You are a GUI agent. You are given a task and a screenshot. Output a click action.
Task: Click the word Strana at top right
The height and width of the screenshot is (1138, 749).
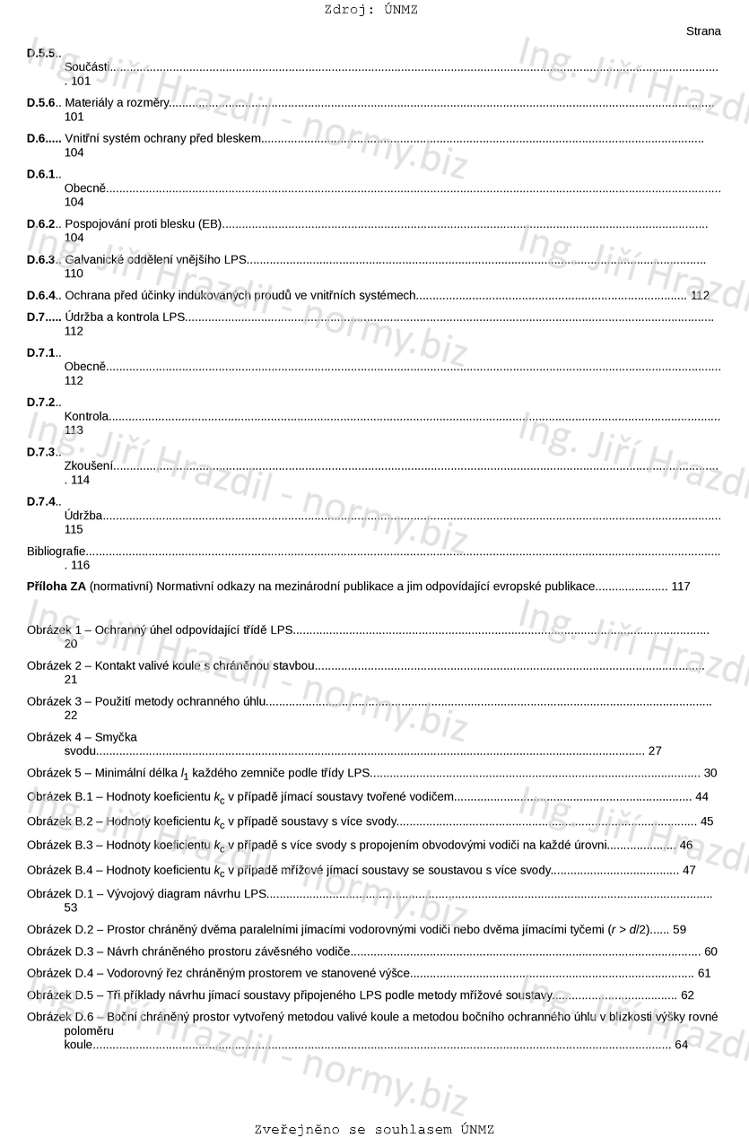coord(703,31)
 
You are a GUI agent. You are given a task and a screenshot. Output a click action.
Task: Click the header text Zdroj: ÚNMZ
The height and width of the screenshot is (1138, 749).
coord(371,10)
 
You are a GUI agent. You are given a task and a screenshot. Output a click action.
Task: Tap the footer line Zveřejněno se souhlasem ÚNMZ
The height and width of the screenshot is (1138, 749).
coord(374,1129)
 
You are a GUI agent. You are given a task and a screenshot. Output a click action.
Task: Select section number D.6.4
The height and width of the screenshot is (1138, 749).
coord(41,295)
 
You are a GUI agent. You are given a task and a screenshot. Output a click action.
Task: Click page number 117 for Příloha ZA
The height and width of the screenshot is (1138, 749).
coord(681,586)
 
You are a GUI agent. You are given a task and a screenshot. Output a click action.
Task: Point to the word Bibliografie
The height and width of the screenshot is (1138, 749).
coord(57,551)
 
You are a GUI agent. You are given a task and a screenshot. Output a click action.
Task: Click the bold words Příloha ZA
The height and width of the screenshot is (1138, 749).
coord(57,586)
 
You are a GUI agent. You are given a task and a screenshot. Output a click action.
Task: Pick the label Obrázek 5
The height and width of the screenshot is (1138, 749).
coord(54,773)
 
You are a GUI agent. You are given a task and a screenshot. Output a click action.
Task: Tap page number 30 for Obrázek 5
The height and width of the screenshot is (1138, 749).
coord(710,773)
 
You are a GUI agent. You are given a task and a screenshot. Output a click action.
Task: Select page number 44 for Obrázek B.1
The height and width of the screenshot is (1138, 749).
coord(701,796)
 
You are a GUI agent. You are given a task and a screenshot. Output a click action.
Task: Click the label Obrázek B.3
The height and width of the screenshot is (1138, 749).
coord(60,845)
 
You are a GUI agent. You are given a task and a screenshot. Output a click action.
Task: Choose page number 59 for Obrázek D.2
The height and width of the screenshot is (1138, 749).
coord(679,929)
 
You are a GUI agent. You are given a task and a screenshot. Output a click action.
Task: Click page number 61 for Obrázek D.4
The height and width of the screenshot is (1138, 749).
coord(704,973)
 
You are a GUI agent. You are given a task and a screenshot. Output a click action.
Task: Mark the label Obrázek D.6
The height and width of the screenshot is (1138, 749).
coord(60,1017)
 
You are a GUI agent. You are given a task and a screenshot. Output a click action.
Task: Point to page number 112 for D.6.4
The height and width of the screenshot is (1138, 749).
coord(700,295)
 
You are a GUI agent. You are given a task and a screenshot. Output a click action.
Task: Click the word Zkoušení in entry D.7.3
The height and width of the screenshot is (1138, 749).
coord(89,465)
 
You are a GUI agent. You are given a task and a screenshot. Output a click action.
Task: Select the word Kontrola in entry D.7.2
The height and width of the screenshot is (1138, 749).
coord(87,416)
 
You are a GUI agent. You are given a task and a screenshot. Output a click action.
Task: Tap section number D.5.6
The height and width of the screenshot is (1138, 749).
coord(41,103)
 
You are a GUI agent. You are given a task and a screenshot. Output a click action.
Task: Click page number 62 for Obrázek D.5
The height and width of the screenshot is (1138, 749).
coord(687,995)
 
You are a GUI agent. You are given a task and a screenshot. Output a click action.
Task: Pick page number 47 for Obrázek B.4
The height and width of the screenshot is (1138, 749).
coord(689,870)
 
